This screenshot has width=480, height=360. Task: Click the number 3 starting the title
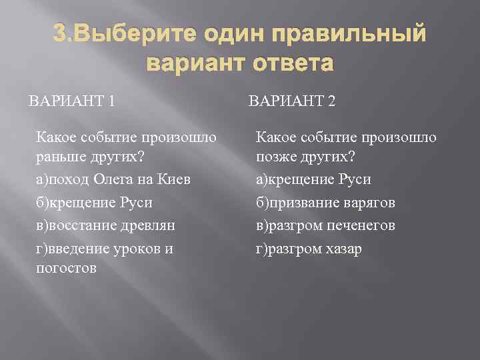click(x=59, y=35)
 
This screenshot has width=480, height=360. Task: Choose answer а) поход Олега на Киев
click(x=113, y=180)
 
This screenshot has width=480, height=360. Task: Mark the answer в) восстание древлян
click(x=106, y=225)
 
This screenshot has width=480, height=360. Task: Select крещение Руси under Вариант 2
click(x=314, y=180)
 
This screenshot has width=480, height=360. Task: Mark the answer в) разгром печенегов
click(x=326, y=225)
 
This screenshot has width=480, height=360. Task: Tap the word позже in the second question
click(x=276, y=159)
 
